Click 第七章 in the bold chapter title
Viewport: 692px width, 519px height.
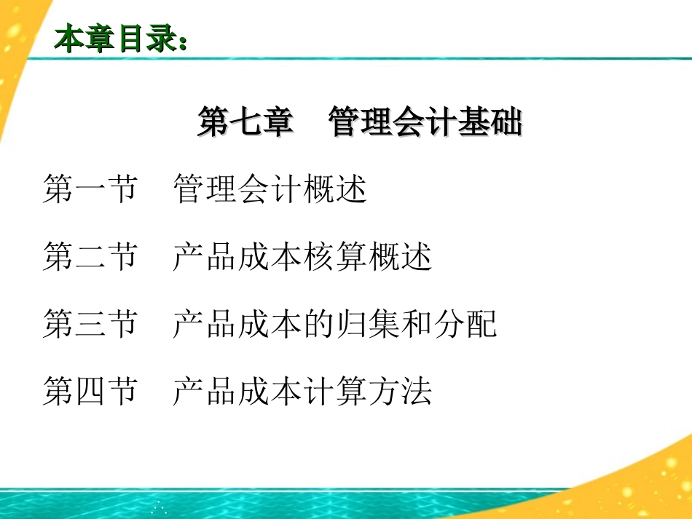pyautogui.click(x=245, y=122)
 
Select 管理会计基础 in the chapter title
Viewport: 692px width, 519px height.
pyautogui.click(x=425, y=122)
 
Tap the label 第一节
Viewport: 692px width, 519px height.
pyautogui.click(x=90, y=190)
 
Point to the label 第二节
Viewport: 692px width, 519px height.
pyautogui.click(x=90, y=257)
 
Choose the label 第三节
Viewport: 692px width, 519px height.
pyautogui.click(x=90, y=324)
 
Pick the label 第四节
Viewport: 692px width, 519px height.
pyautogui.click(x=90, y=391)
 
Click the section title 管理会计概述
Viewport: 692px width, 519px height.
pyautogui.click(x=270, y=190)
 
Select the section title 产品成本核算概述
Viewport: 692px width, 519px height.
pyautogui.click(x=302, y=257)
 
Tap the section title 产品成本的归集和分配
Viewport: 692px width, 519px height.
pyautogui.click(x=335, y=324)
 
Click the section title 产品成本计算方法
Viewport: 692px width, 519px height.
pyautogui.click(x=302, y=391)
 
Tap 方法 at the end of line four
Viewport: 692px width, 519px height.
pyautogui.click(x=400, y=391)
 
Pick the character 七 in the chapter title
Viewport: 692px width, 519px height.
pyautogui.click(x=245, y=122)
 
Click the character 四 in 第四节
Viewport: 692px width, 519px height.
pyautogui.click(x=90, y=391)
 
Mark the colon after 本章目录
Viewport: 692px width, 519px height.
pyautogui.click(x=182, y=42)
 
